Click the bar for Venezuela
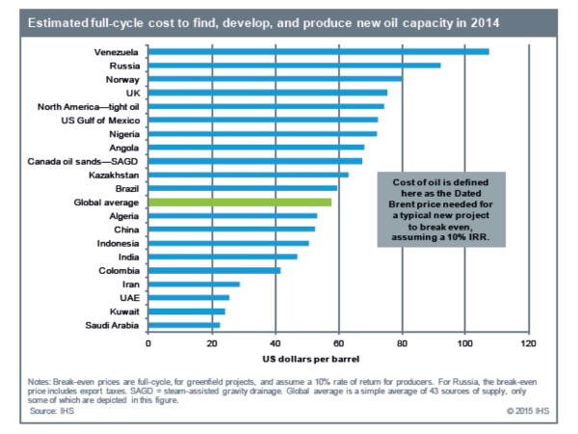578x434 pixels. (318, 51)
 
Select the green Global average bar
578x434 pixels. (240, 203)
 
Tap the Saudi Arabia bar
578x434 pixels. (184, 326)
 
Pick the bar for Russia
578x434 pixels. (294, 66)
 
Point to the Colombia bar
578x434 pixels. (214, 271)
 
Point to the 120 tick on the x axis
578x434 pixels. (527, 343)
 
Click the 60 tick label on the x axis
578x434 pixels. (337, 343)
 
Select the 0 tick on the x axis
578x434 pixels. (148, 343)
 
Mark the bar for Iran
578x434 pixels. (194, 285)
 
